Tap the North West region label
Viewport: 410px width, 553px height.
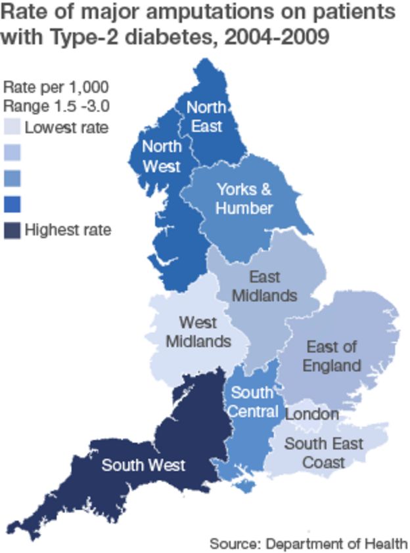click(x=161, y=155)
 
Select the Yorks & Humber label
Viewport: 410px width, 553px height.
click(x=244, y=199)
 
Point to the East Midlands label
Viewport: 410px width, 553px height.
click(x=264, y=286)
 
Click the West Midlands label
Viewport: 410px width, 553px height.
click(x=198, y=332)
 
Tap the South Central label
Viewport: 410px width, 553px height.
click(x=252, y=402)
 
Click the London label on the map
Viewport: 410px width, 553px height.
click(x=312, y=414)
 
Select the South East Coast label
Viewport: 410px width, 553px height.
click(x=323, y=453)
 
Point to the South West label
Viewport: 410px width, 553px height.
click(x=143, y=465)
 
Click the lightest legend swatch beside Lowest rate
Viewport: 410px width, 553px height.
click(x=12, y=127)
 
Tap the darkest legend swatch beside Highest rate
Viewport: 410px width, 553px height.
click(x=12, y=230)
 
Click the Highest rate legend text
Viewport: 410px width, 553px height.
click(x=68, y=230)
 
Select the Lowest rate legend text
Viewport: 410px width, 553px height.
click(x=66, y=127)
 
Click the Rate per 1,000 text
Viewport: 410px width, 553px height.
click(x=55, y=87)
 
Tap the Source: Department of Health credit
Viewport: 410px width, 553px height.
click(x=308, y=543)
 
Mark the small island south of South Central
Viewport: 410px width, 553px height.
click(x=246, y=487)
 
